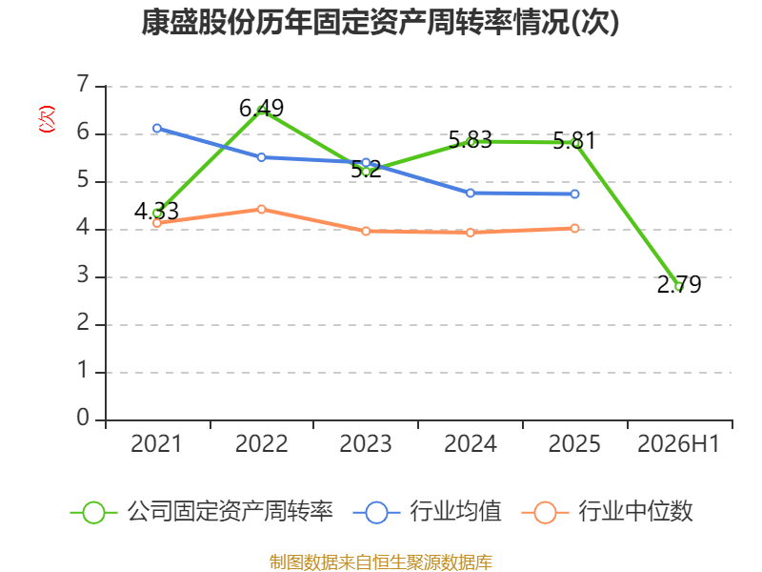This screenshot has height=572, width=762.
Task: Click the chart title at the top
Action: click(380, 22)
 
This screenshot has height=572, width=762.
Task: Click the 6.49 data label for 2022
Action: click(261, 108)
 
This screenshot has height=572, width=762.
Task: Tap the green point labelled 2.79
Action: click(679, 287)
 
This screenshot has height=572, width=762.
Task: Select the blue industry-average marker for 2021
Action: click(157, 129)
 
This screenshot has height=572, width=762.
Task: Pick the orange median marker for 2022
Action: click(261, 209)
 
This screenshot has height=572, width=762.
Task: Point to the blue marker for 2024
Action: click(471, 194)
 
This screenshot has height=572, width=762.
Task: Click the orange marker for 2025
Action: click(575, 228)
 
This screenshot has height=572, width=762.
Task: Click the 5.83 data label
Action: click(471, 140)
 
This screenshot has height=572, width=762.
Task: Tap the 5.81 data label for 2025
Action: click(574, 141)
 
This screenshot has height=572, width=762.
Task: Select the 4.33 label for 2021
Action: click(156, 211)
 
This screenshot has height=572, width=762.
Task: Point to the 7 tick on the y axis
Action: click(83, 84)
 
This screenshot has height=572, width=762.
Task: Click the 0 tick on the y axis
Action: click(83, 418)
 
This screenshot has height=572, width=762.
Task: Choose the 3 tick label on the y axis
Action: click(83, 275)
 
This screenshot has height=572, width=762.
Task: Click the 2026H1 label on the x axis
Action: click(678, 443)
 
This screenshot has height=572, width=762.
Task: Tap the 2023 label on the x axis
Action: click(366, 443)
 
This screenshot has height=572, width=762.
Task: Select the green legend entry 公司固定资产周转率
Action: click(202, 512)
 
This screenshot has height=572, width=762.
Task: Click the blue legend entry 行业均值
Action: click(427, 512)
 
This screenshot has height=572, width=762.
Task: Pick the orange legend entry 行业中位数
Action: click(607, 512)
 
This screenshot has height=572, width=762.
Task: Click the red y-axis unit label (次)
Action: click(47, 119)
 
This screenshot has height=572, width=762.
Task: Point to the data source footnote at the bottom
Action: click(381, 562)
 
